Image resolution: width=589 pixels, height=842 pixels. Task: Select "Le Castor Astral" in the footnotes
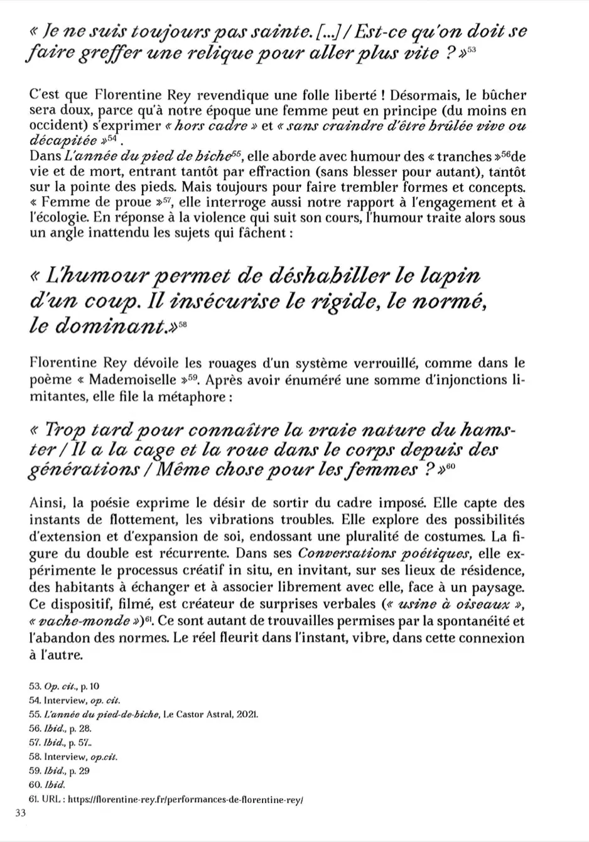(x=198, y=715)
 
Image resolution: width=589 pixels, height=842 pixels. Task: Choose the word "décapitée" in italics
(x=60, y=140)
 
